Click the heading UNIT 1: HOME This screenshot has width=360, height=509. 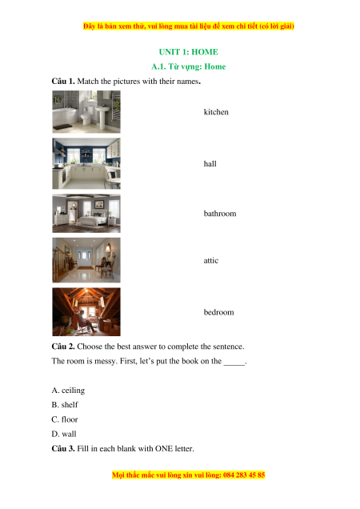188,52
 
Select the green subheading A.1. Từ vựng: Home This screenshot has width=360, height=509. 188,67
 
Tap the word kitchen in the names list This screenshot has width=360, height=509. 216,112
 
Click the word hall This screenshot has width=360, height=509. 210,163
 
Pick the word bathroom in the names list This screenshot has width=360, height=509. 220,214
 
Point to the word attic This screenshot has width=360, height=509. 210,261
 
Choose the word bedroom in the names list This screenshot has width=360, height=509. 218,312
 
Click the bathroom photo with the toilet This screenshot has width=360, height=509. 86,112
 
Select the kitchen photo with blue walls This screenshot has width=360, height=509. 86,163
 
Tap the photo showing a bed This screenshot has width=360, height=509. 86,214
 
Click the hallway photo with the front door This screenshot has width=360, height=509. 86,260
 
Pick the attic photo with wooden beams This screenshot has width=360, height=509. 86,312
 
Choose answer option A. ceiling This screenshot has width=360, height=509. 68,391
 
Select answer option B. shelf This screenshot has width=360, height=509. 65,405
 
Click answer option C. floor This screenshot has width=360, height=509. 65,419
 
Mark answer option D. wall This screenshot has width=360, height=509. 64,434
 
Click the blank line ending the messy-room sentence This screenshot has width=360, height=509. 234,365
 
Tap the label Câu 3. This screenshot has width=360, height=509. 63,449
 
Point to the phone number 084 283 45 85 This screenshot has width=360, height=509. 244,475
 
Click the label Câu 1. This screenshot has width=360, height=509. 63,81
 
